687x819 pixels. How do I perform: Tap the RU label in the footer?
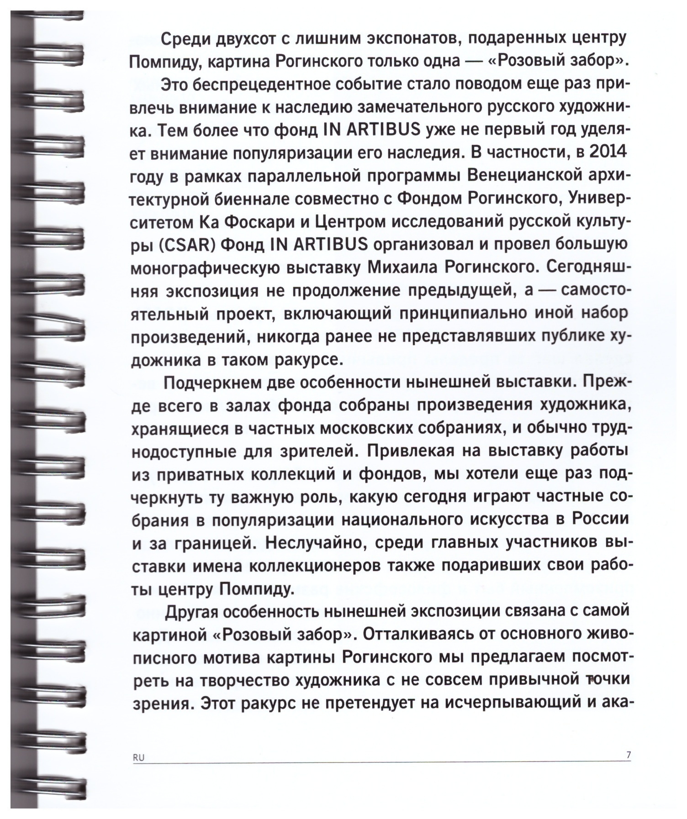point(138,757)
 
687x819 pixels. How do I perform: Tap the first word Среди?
point(188,39)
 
